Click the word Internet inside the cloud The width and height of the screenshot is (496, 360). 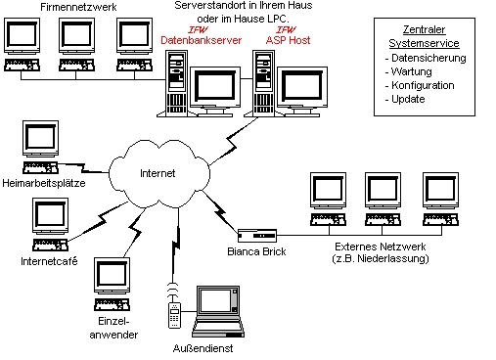[x=158, y=173]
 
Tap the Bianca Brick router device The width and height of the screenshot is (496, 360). [x=257, y=236]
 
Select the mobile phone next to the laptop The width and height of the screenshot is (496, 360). [x=174, y=315]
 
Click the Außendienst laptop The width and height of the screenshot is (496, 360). [x=218, y=311]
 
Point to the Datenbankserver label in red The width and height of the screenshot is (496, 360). [x=201, y=40]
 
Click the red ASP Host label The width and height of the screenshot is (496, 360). [x=288, y=40]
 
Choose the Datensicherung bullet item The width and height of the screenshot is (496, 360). [x=426, y=58]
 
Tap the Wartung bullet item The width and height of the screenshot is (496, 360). [x=408, y=71]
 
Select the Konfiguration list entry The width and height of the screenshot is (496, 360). [x=420, y=85]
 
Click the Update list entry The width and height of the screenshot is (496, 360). [x=405, y=99]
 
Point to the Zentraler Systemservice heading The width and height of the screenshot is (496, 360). [x=424, y=36]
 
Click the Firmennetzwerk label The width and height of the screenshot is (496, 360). [x=78, y=7]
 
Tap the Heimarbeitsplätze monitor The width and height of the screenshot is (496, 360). [x=41, y=139]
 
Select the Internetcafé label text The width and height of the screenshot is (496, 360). [x=49, y=261]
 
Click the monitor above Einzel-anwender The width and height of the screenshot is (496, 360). [x=112, y=276]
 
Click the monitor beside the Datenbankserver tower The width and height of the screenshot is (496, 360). [x=215, y=92]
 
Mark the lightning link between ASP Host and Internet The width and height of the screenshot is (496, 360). [x=234, y=141]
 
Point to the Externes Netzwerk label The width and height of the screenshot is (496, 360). [x=381, y=252]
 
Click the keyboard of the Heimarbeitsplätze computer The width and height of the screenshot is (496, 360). [x=40, y=167]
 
